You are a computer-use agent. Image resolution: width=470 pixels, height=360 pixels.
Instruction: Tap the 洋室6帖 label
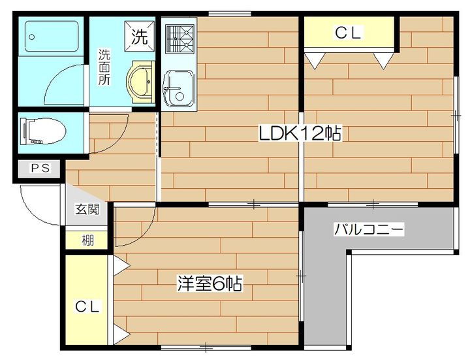[x=210, y=284]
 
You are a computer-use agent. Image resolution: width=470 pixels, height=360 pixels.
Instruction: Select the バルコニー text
[x=369, y=229]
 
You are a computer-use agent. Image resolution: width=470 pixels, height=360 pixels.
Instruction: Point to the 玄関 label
[x=86, y=210]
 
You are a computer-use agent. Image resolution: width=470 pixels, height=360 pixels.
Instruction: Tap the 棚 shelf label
[x=87, y=240]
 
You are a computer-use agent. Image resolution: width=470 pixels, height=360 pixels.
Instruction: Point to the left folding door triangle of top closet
[x=317, y=60]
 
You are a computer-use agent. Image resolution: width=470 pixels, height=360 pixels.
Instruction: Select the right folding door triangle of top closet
[x=383, y=60]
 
